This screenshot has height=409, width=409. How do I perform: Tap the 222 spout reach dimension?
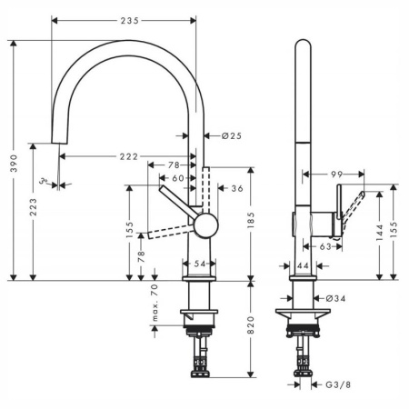[128, 156]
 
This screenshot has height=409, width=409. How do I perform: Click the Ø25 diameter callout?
[231, 137]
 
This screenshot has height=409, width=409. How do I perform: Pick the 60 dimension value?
[178, 178]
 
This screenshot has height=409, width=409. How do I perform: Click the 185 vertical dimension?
[250, 222]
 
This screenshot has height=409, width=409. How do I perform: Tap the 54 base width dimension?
[199, 263]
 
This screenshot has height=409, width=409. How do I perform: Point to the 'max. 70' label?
[155, 303]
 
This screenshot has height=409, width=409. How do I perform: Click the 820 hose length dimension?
[250, 329]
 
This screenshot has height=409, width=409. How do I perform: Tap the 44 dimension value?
[303, 264]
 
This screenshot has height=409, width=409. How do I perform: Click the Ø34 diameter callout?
[334, 297]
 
